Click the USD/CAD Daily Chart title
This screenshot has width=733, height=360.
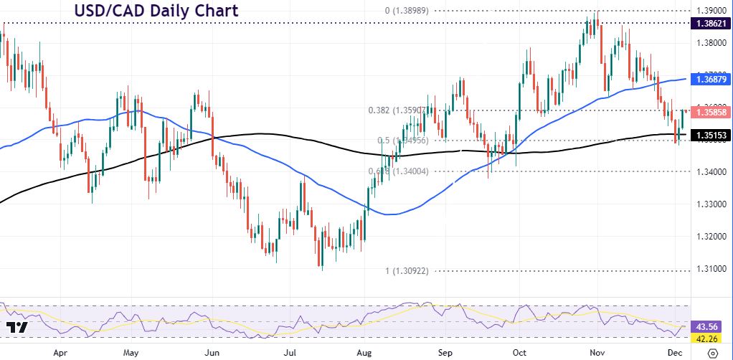156,11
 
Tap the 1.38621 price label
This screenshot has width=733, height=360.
709,24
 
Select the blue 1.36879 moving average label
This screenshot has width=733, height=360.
709,80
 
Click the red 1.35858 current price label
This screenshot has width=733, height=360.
709,113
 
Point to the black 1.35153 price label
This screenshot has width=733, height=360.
709,134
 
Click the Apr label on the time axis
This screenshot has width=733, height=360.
61,353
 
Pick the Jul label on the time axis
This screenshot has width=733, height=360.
290,353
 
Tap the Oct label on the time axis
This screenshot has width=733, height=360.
519,353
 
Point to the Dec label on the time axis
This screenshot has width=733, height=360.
675,353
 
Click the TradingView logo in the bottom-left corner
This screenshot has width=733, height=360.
16,328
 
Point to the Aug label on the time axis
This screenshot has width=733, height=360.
364,353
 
